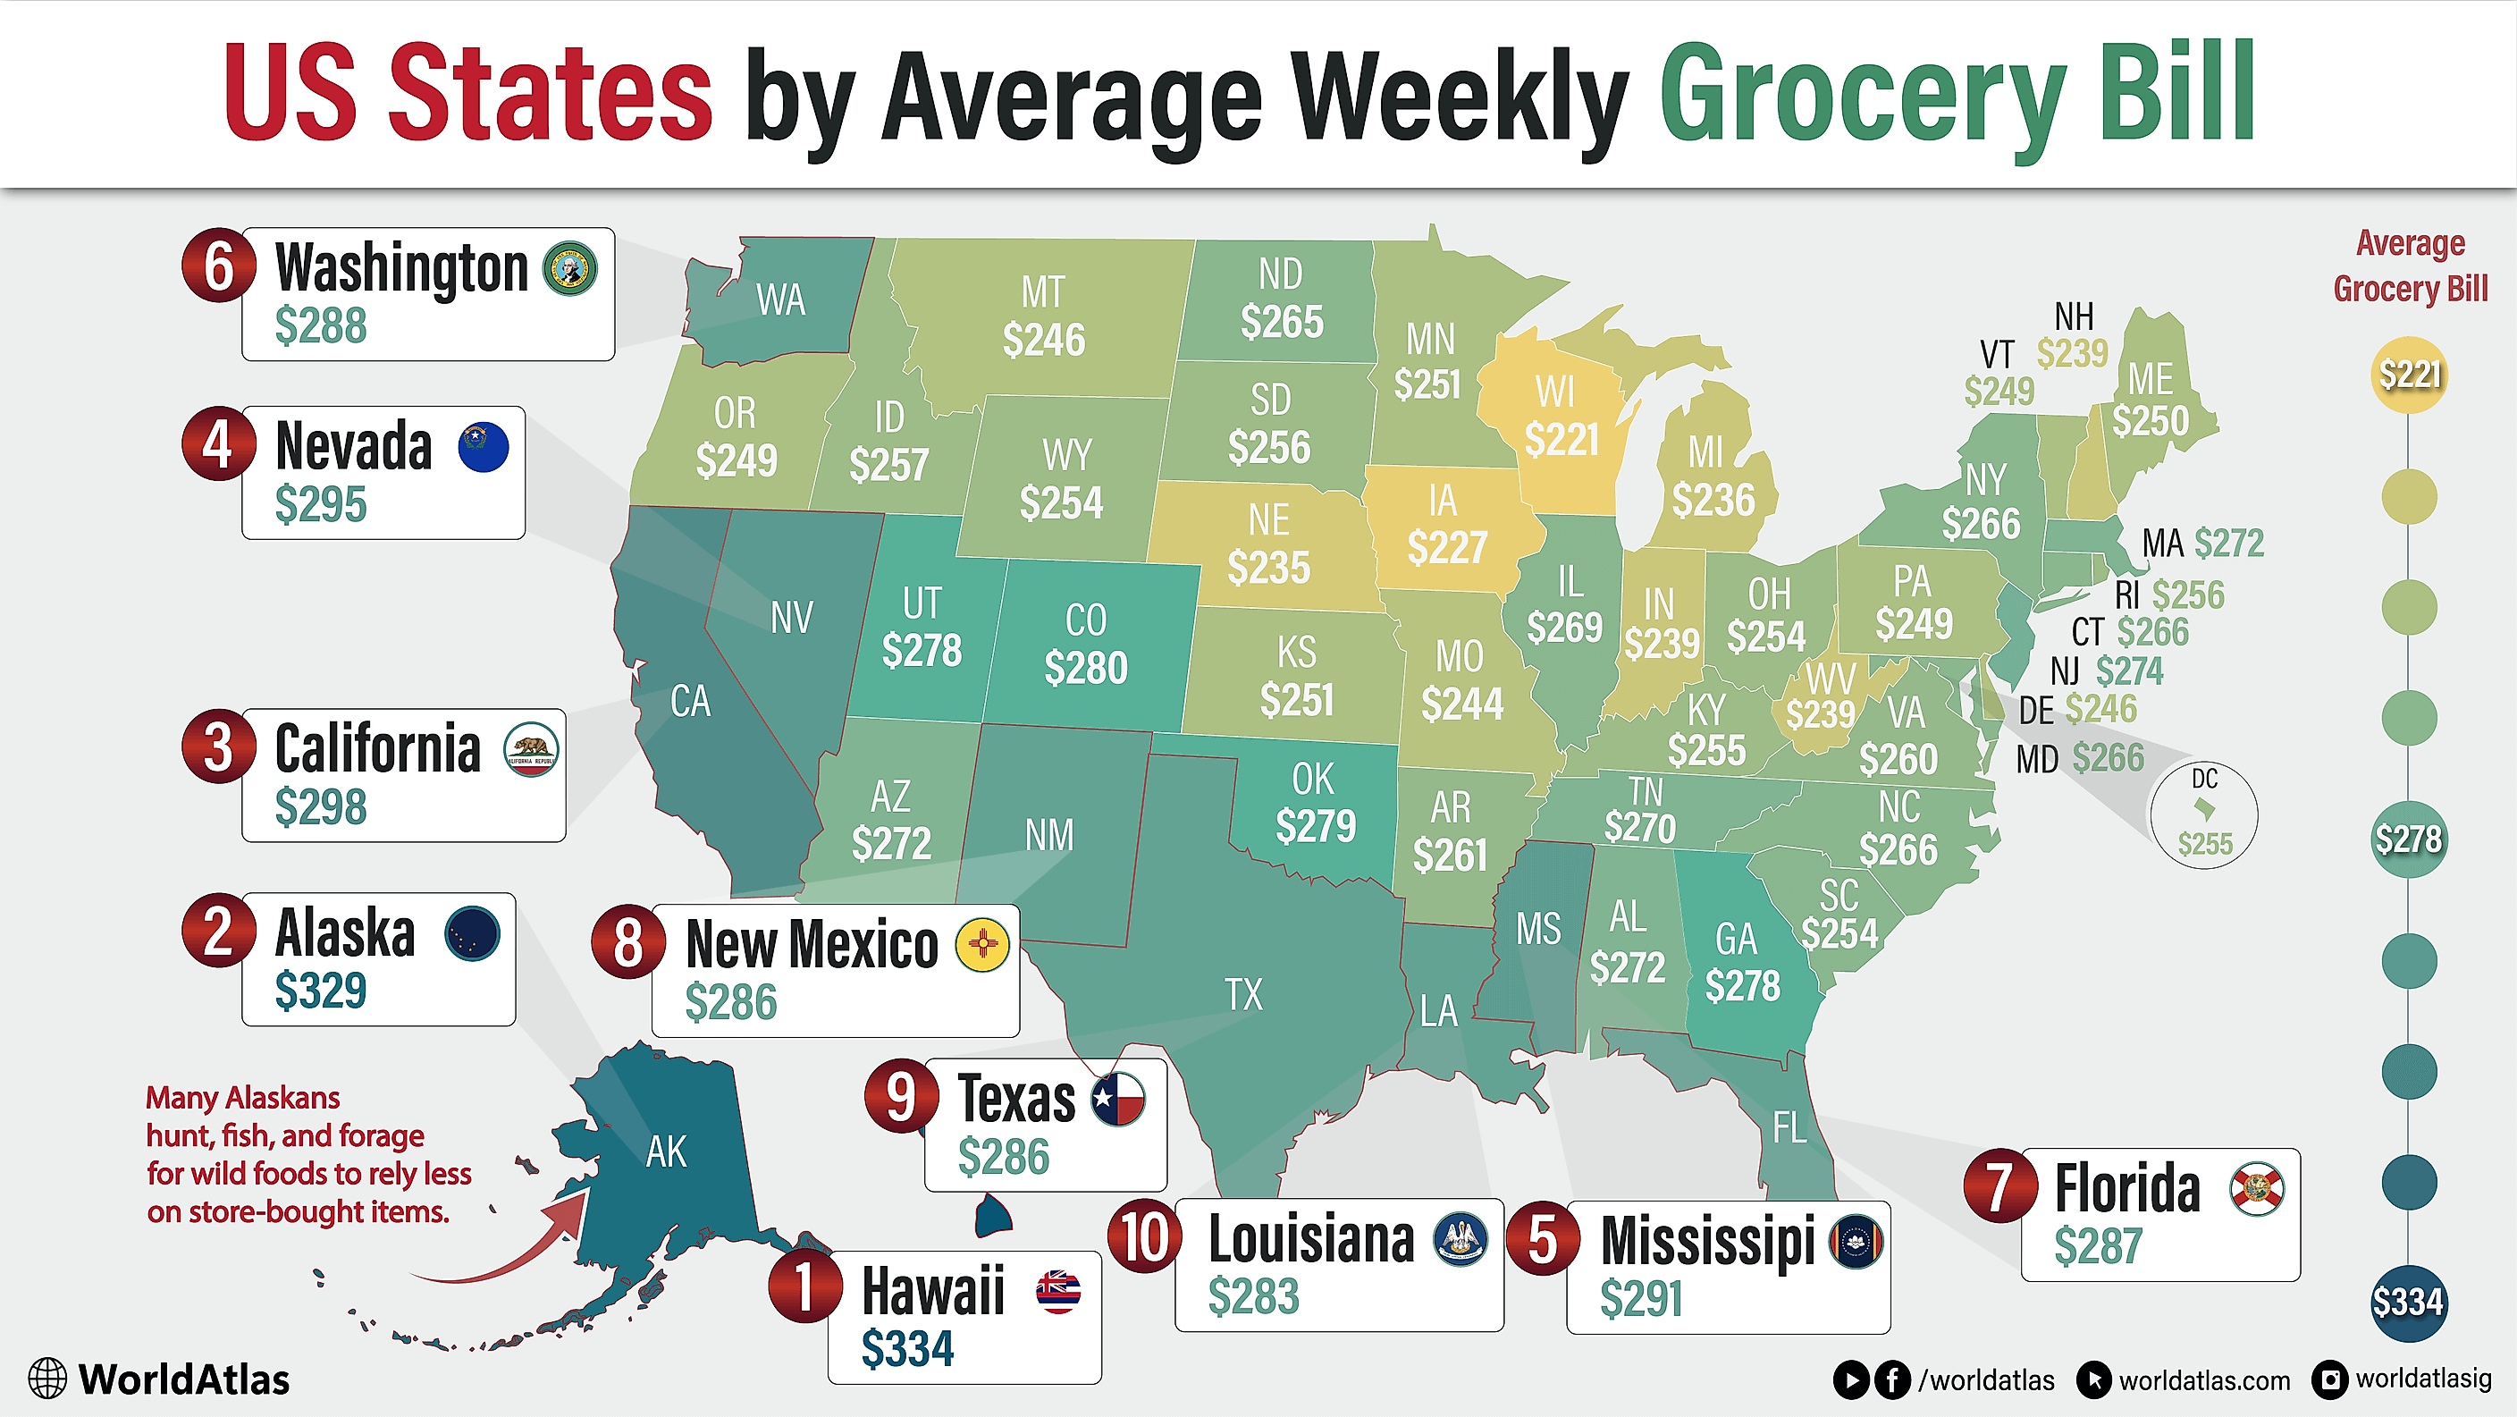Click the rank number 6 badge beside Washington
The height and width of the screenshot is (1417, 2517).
coord(219,266)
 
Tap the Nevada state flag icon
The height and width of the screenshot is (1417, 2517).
coord(484,448)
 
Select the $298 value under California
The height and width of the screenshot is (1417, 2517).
coord(321,807)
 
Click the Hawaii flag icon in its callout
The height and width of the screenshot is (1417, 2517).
coord(1058,1292)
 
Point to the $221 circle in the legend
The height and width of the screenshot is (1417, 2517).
coord(2409,375)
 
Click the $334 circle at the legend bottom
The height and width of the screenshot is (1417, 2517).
coord(2409,1302)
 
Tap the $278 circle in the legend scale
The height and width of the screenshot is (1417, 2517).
coord(2409,839)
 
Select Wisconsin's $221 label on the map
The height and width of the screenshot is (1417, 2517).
coord(1562,440)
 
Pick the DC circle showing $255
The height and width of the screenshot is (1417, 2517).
coord(2204,815)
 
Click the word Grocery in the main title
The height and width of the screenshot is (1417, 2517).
coord(1861,96)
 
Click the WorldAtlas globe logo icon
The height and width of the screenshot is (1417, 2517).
coord(46,1379)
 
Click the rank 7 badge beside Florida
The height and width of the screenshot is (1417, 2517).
coord(2000,1185)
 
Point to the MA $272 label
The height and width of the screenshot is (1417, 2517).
coord(2203,544)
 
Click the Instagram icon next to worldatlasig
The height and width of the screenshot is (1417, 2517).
coord(2330,1379)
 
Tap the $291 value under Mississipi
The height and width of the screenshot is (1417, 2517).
coord(1642,1299)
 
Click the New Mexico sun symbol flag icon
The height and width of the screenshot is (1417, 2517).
coord(983,945)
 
